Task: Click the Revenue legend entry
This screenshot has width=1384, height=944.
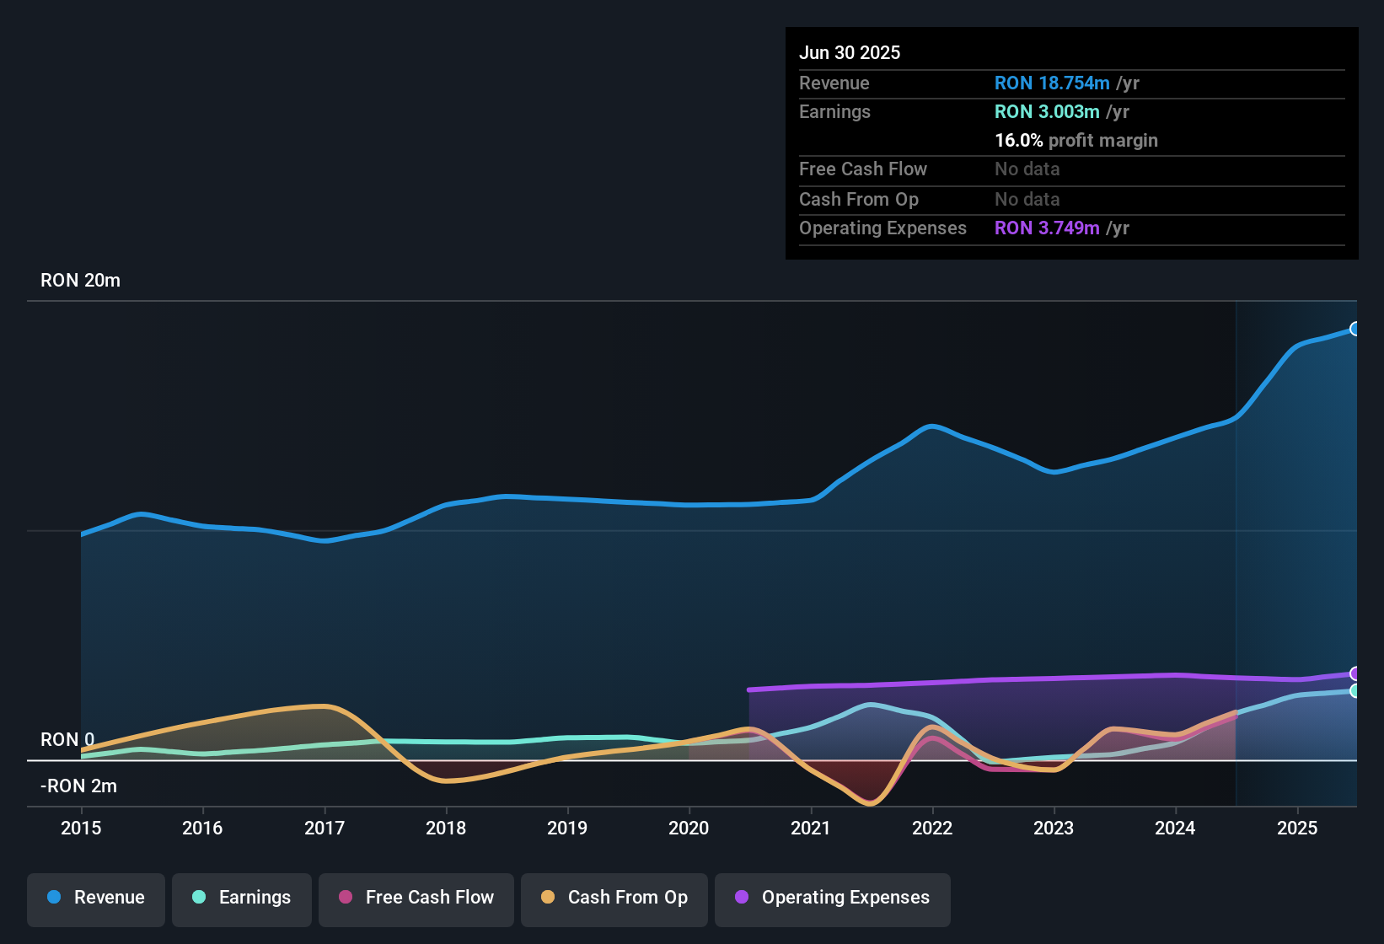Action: tap(96, 898)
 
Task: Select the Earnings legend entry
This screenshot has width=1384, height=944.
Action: tap(242, 898)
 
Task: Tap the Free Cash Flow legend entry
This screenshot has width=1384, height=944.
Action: tap(416, 898)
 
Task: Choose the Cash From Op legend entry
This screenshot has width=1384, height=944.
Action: tap(614, 898)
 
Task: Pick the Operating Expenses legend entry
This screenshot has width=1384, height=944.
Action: tap(833, 898)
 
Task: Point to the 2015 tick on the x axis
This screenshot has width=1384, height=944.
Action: tap(81, 828)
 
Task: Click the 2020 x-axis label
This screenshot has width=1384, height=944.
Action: tap(689, 828)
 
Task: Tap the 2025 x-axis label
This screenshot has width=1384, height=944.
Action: tap(1296, 828)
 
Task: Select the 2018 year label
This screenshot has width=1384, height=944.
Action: tap(446, 828)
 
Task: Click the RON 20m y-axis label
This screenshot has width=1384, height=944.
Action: tap(80, 281)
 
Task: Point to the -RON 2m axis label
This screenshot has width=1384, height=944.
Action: tap(78, 786)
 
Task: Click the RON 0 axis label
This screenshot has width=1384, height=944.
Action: tap(67, 740)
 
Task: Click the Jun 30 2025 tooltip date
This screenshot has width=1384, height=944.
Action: tap(849, 53)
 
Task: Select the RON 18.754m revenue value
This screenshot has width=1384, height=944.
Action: tap(1051, 83)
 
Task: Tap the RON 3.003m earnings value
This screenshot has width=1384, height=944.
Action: tap(1046, 112)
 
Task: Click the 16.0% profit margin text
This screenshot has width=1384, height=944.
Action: tap(1076, 141)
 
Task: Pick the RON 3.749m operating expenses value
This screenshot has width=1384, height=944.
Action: tap(1046, 228)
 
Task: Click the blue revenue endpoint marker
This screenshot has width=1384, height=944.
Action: tap(1355, 329)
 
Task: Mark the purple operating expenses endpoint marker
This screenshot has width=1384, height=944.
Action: tap(1355, 673)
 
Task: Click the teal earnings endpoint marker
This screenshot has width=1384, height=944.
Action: tap(1355, 691)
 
